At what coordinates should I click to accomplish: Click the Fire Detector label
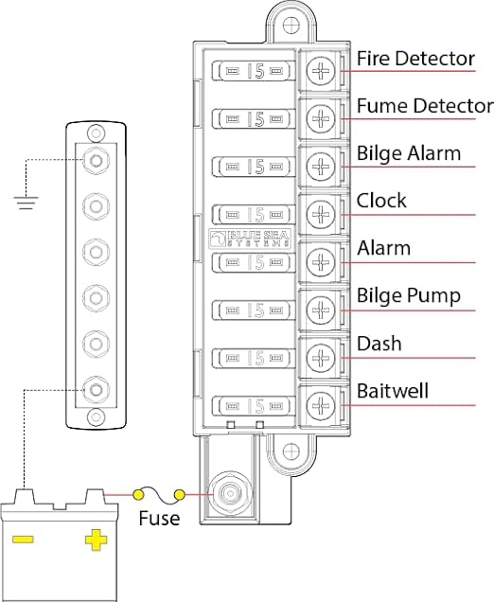click(x=415, y=59)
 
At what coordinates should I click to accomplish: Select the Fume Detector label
click(x=424, y=106)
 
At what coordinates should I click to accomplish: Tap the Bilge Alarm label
click(x=408, y=153)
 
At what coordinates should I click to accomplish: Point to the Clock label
click(x=381, y=201)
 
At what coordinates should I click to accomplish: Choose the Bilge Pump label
click(x=408, y=295)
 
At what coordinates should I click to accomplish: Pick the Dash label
click(x=379, y=343)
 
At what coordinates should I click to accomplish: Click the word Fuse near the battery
click(x=159, y=518)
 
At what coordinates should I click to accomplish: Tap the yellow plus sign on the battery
click(x=96, y=540)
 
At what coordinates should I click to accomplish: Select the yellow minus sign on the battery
click(x=24, y=540)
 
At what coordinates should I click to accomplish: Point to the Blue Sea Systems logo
click(x=248, y=237)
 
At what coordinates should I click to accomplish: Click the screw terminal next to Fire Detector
click(x=322, y=69)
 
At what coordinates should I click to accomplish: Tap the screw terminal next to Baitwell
click(x=322, y=404)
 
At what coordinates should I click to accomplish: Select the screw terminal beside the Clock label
click(x=322, y=212)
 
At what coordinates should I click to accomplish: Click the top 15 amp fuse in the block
click(x=253, y=70)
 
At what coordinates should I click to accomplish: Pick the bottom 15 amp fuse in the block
click(x=253, y=405)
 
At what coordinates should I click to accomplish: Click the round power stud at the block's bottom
click(x=228, y=494)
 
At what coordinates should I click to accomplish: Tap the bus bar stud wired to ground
click(x=96, y=159)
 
